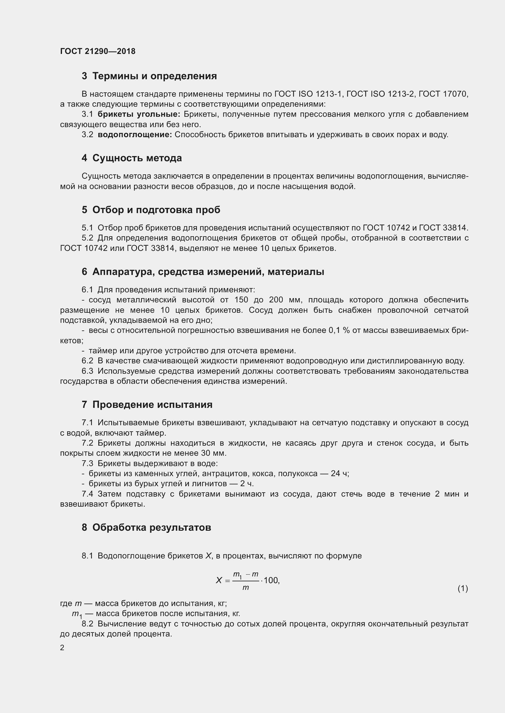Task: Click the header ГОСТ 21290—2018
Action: (98, 51)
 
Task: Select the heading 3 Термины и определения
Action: (149, 76)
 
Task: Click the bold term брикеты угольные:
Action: (139, 114)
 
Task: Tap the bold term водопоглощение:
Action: (135, 135)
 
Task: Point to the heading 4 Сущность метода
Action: (132, 158)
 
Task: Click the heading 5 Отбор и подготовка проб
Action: (151, 210)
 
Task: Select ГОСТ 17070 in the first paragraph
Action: (443, 94)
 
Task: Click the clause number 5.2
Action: (87, 238)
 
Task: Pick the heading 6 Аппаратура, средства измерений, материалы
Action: (203, 272)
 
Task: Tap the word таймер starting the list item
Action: (100, 351)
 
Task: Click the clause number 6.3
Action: (87, 371)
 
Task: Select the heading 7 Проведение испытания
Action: (147, 405)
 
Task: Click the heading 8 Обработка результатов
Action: (146, 527)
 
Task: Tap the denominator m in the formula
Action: (245, 588)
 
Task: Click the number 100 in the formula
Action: (271, 580)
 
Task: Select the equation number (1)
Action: (462, 588)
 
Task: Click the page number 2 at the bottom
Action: (62, 648)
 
